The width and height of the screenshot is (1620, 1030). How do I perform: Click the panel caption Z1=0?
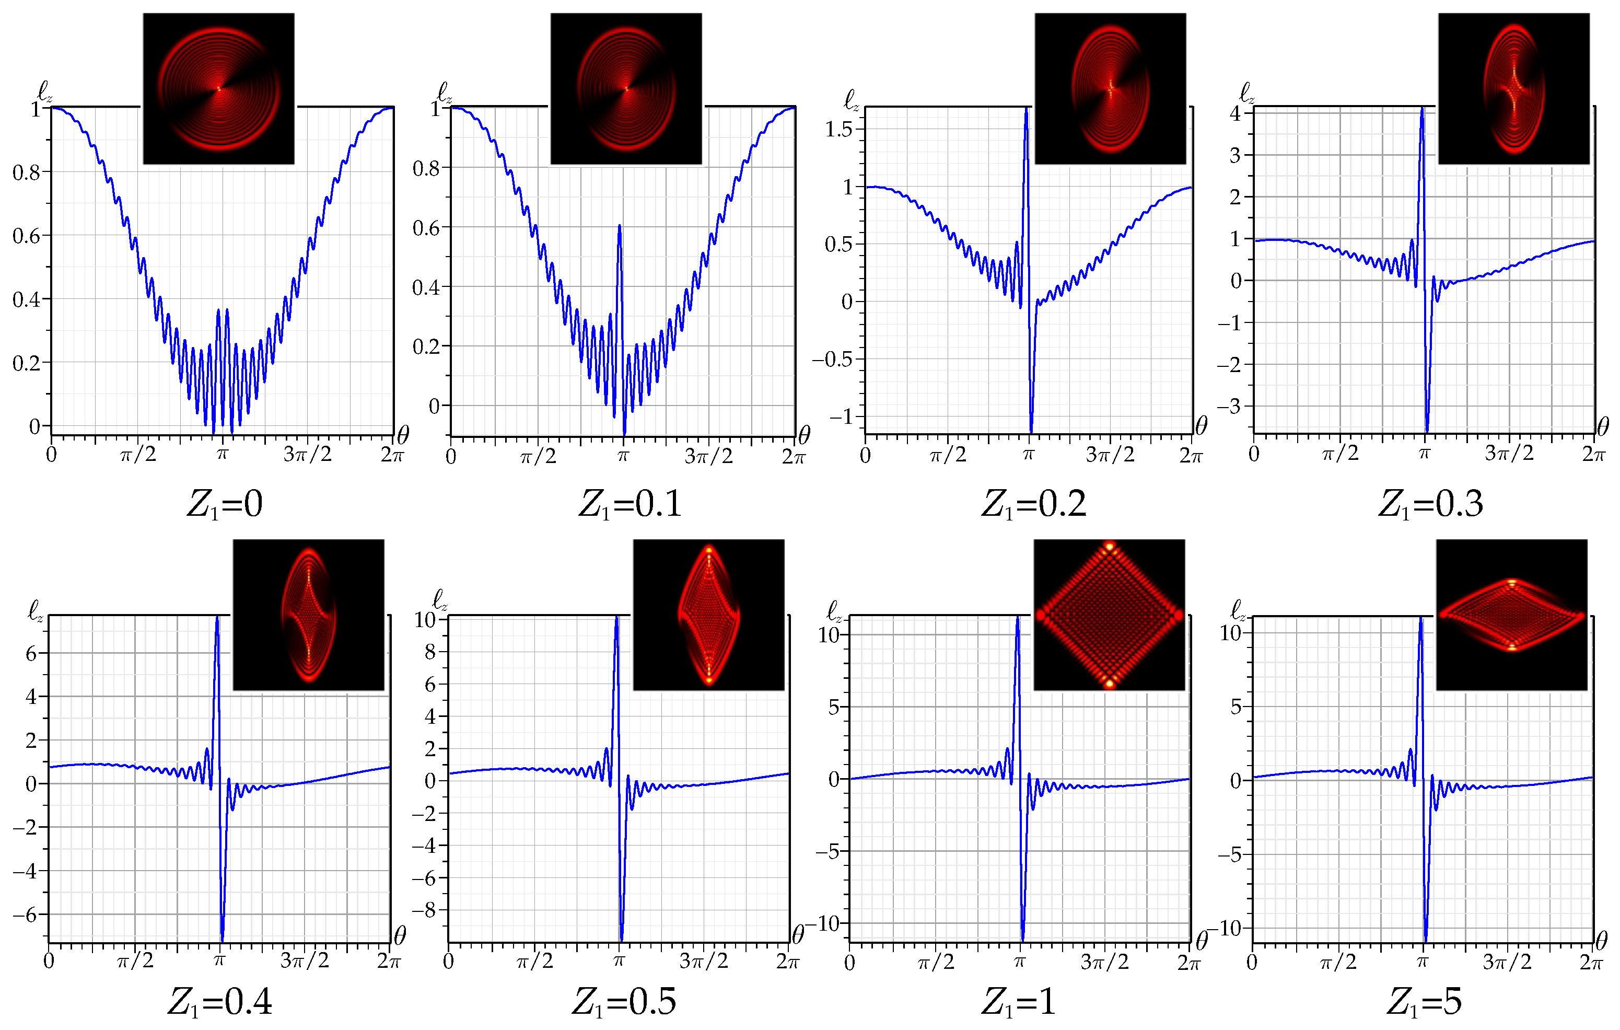click(224, 504)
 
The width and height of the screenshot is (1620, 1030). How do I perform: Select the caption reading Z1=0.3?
click(1430, 504)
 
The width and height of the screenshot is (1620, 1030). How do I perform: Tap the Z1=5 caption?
click(1424, 1002)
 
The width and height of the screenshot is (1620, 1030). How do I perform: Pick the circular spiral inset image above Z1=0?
click(219, 88)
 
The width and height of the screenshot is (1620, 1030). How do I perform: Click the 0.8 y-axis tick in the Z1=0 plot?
click(27, 172)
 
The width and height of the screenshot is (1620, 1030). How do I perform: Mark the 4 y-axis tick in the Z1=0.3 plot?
click(1235, 113)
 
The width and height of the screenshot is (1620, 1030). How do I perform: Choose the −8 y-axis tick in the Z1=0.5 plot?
click(425, 910)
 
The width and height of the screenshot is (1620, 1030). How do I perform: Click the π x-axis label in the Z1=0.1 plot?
click(623, 456)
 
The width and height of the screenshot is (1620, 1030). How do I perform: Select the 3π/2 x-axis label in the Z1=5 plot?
click(1507, 962)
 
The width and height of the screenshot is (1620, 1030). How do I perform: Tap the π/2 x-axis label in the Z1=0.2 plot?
click(948, 455)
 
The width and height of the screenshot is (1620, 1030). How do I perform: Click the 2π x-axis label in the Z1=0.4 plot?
click(389, 960)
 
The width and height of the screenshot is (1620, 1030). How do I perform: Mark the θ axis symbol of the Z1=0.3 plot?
click(1603, 426)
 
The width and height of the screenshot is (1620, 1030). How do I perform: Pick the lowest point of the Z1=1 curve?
click(1022, 940)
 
